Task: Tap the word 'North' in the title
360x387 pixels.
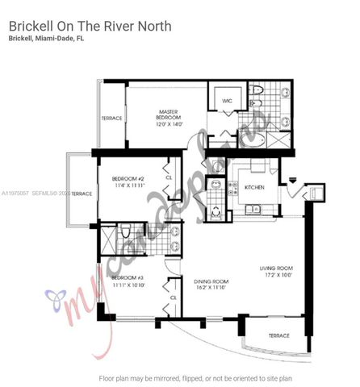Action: tap(152, 26)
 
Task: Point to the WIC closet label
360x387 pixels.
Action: tap(228, 100)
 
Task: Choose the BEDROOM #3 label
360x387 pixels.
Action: tap(128, 277)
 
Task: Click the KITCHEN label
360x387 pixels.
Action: tap(254, 187)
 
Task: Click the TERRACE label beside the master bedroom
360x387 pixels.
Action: tap(111, 119)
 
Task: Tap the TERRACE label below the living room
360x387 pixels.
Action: tap(279, 335)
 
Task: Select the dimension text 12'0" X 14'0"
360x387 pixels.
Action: tap(170, 124)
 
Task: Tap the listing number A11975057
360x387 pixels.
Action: tap(16, 193)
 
